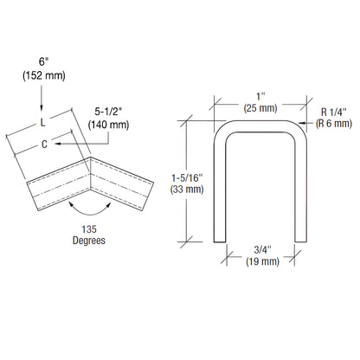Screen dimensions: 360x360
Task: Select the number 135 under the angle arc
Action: [90, 230]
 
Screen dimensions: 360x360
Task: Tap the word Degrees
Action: [90, 241]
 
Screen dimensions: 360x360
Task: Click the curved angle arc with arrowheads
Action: [90, 210]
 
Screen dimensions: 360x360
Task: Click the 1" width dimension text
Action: [260, 94]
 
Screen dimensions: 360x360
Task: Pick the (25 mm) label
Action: [260, 108]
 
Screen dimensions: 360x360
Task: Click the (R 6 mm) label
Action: [334, 124]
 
